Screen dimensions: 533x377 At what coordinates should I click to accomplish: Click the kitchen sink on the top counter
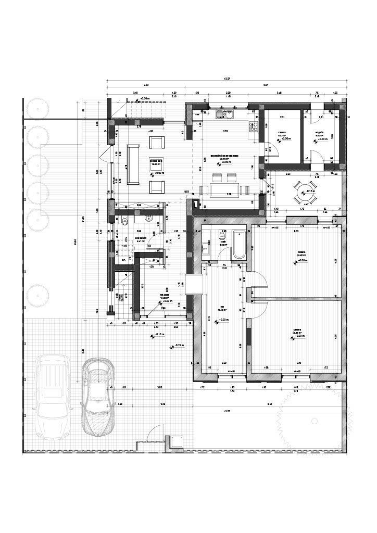point(227,113)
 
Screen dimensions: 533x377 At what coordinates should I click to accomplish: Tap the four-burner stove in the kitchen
point(256,126)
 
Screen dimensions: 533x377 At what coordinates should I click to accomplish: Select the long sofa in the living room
point(134,164)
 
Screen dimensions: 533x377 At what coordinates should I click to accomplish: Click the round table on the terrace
point(303,192)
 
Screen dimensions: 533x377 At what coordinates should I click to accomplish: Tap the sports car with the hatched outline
point(98,396)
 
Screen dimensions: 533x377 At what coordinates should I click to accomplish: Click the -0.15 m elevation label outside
point(178,345)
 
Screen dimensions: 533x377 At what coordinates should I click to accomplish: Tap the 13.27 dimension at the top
point(225,79)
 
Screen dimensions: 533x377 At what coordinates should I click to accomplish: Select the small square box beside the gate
point(175,442)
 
